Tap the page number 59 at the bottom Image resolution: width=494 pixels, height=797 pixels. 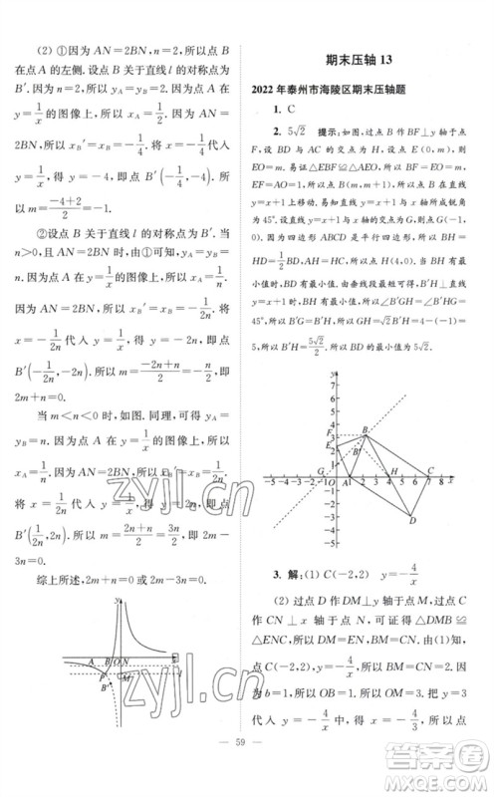tap(247, 766)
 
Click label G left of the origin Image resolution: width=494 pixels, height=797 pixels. tap(322, 470)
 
